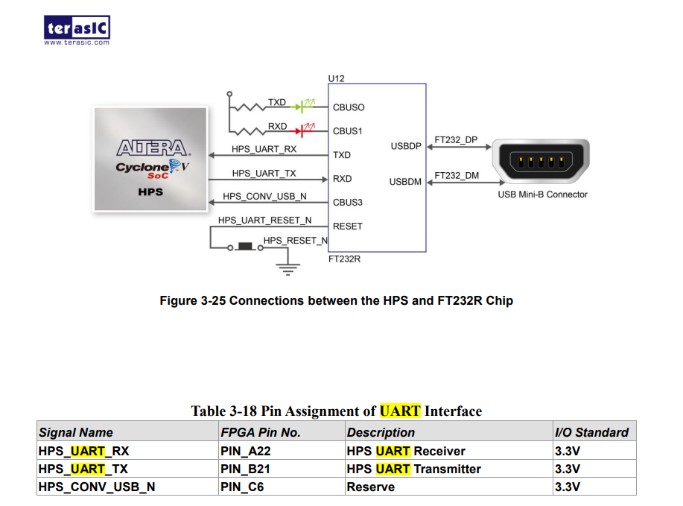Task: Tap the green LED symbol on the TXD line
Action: (x=303, y=107)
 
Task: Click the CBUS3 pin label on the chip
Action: (x=348, y=202)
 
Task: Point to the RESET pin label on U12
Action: (x=348, y=226)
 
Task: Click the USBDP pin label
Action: (x=406, y=146)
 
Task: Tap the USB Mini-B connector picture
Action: (x=542, y=162)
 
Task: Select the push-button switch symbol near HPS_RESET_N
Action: (x=245, y=246)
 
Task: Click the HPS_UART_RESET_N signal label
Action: (x=264, y=221)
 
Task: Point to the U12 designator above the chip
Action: (x=336, y=78)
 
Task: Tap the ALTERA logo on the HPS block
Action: (x=152, y=147)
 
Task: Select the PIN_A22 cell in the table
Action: (x=239, y=451)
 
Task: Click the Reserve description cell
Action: (x=370, y=487)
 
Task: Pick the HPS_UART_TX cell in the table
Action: (x=83, y=469)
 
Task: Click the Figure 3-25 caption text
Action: (x=336, y=301)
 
